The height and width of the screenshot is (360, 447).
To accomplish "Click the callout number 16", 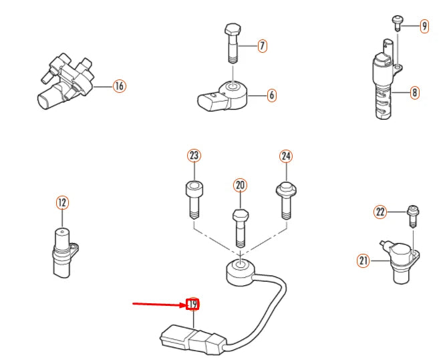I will pyautogui.click(x=119, y=85).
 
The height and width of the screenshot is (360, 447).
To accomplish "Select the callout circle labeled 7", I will pyautogui.click(x=262, y=46).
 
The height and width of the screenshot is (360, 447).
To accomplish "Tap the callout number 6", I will pyautogui.click(x=271, y=96).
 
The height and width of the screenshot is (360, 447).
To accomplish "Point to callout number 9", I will pyautogui.click(x=424, y=26).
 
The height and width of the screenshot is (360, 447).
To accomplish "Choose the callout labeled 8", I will pyautogui.click(x=414, y=93).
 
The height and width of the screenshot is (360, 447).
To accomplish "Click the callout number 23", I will pyautogui.click(x=194, y=156).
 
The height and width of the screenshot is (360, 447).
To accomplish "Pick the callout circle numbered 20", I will pyautogui.click(x=240, y=185).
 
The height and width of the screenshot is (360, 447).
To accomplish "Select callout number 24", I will pyautogui.click(x=286, y=156).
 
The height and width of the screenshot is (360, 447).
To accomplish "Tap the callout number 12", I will pyautogui.click(x=62, y=202).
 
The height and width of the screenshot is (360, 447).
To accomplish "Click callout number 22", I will pyautogui.click(x=380, y=212).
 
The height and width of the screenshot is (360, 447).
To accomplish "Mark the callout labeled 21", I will pyautogui.click(x=363, y=261).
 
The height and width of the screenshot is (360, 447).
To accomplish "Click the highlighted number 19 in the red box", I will pyautogui.click(x=193, y=305).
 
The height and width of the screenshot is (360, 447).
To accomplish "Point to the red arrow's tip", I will pyautogui.click(x=185, y=305).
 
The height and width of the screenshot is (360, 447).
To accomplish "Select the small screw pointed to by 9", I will pyautogui.click(x=397, y=21).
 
